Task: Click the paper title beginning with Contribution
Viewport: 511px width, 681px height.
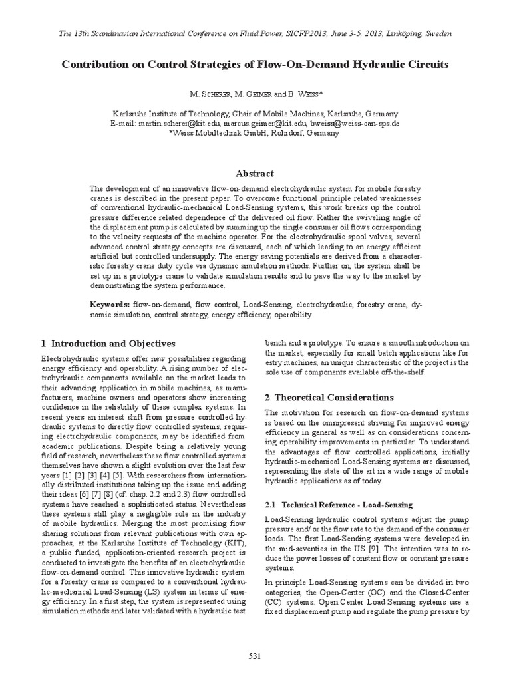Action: [255, 65]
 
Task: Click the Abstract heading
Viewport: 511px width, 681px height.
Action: [255, 173]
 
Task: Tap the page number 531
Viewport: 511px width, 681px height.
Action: [255, 656]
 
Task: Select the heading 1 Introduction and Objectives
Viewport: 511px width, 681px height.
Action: [108, 344]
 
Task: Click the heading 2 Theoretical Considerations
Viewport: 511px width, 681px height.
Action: [329, 397]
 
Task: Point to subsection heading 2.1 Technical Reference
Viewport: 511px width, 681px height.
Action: [339, 505]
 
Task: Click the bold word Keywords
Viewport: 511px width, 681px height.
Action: [110, 304]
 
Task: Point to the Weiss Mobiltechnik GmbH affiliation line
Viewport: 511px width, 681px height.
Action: [255, 133]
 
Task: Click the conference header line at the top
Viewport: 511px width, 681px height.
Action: [255, 33]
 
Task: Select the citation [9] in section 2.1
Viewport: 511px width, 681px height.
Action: [391, 547]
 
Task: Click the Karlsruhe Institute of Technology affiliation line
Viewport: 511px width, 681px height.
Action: [255, 114]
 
